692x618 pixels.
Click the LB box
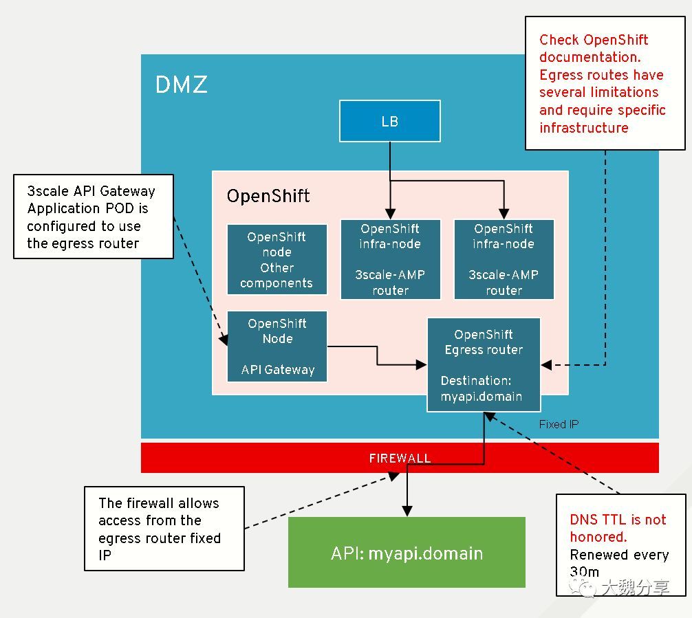[x=390, y=121]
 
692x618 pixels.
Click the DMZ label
[x=182, y=85]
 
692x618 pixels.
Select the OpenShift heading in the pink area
[x=268, y=196]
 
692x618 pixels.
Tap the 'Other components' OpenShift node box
[x=277, y=259]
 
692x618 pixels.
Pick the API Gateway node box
[x=277, y=346]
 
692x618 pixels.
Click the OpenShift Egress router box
[x=484, y=365]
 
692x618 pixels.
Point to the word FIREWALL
[x=400, y=459]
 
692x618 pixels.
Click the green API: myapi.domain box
[x=407, y=552]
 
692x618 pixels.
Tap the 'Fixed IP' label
[x=559, y=424]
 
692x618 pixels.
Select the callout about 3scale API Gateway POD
[x=94, y=217]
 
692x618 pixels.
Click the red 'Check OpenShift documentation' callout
[x=605, y=83]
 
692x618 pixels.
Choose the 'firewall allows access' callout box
[x=164, y=529]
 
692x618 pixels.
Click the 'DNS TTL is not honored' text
[x=618, y=528]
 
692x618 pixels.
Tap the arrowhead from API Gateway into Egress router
[x=422, y=365]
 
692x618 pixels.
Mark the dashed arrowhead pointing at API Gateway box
[x=224, y=340]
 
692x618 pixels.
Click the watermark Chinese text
[x=636, y=587]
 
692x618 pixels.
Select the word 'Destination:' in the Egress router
[x=476, y=380]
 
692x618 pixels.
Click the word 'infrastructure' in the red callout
[x=584, y=127]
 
